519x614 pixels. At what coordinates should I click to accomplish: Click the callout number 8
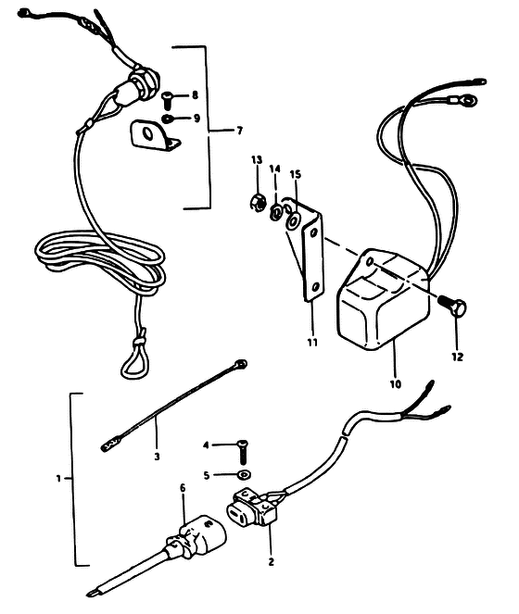(x=195, y=95)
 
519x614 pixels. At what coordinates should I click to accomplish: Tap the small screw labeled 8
(x=167, y=99)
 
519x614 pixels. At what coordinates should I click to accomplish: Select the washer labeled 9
(x=166, y=119)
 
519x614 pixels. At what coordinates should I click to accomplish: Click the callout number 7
(x=240, y=131)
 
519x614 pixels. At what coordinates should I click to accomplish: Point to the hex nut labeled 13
(x=258, y=202)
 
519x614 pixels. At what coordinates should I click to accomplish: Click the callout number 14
(x=275, y=169)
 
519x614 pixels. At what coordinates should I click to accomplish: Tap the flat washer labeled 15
(x=293, y=221)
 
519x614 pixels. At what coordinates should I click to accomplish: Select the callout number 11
(x=312, y=343)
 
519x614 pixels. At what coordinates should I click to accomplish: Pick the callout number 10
(x=396, y=384)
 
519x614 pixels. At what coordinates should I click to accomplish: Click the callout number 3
(x=157, y=457)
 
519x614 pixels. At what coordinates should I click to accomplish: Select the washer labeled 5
(x=245, y=475)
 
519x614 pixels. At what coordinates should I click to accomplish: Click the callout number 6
(x=184, y=488)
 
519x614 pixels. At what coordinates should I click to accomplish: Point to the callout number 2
(x=272, y=561)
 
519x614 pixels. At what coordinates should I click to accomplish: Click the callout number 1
(x=58, y=478)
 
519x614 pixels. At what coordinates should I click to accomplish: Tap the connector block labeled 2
(x=252, y=507)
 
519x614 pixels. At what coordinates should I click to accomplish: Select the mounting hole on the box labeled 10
(x=370, y=260)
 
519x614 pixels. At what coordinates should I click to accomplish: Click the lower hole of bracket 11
(x=315, y=287)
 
